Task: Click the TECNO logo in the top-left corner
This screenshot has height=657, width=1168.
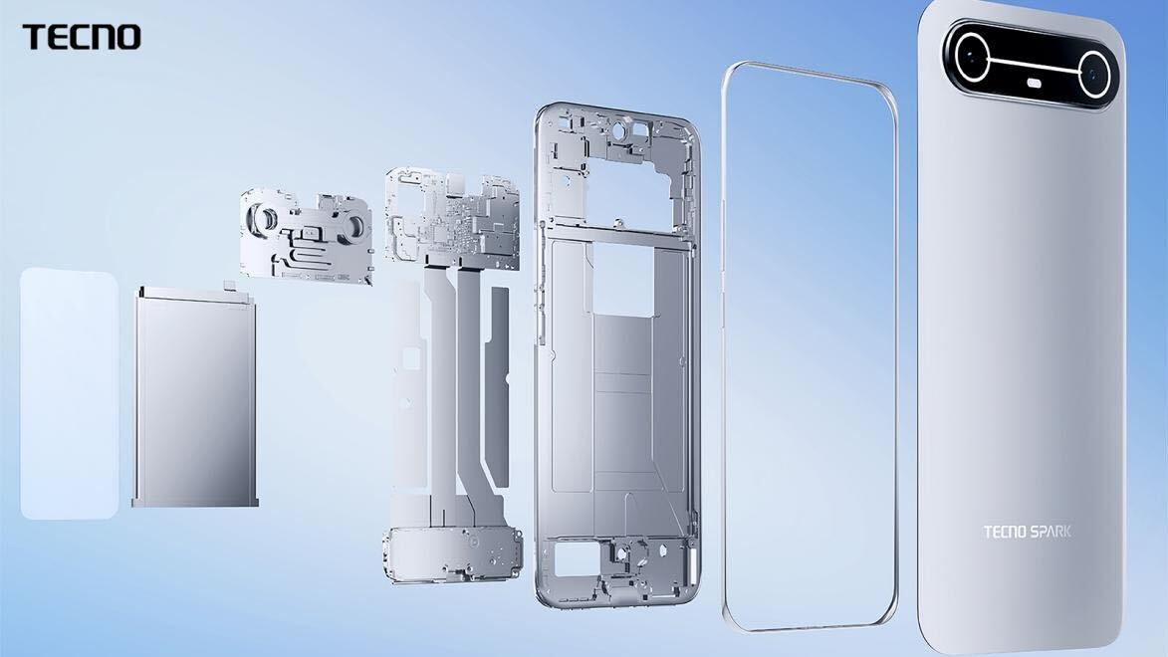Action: (81, 38)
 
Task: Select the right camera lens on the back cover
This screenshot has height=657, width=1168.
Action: (1092, 73)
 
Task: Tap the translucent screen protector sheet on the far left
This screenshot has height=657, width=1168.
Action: (69, 393)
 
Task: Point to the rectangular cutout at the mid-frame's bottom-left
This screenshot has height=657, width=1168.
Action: (574, 560)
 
